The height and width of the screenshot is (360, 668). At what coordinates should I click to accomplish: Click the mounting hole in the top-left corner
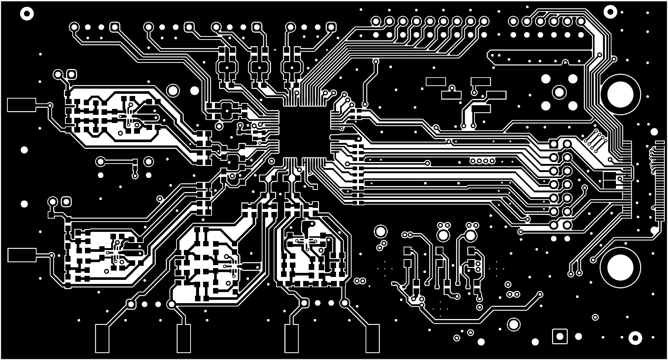pyautogui.click(x=27, y=14)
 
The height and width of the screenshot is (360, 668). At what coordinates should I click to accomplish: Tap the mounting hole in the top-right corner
pyautogui.click(x=610, y=13)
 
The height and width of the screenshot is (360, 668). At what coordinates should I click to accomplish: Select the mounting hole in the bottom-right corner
pyautogui.click(x=635, y=337)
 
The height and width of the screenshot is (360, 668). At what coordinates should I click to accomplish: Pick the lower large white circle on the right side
pyautogui.click(x=620, y=267)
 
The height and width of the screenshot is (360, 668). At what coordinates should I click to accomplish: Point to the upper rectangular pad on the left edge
pyautogui.click(x=21, y=105)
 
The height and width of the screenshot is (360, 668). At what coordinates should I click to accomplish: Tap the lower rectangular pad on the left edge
pyautogui.click(x=22, y=255)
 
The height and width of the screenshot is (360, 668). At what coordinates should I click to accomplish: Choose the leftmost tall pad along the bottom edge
pyautogui.click(x=102, y=338)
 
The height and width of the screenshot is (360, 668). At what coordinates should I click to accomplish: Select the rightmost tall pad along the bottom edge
pyautogui.click(x=372, y=338)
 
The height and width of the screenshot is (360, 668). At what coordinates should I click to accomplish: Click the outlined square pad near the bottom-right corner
pyautogui.click(x=559, y=336)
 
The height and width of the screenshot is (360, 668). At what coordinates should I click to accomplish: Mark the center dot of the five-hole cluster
pyautogui.click(x=559, y=92)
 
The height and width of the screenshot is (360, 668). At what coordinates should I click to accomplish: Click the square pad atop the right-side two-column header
pyautogui.click(x=554, y=144)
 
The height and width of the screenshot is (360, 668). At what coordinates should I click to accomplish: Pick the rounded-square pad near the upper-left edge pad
pyautogui.click(x=72, y=74)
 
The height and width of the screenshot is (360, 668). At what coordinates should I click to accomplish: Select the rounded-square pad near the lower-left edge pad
pyautogui.click(x=66, y=202)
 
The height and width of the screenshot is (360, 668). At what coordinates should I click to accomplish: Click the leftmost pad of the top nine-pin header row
pyautogui.click(x=376, y=21)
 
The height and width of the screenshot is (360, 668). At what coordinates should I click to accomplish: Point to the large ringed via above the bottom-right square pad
pyautogui.click(x=513, y=324)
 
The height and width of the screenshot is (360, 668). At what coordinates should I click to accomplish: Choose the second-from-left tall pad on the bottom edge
pyautogui.click(x=184, y=338)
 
